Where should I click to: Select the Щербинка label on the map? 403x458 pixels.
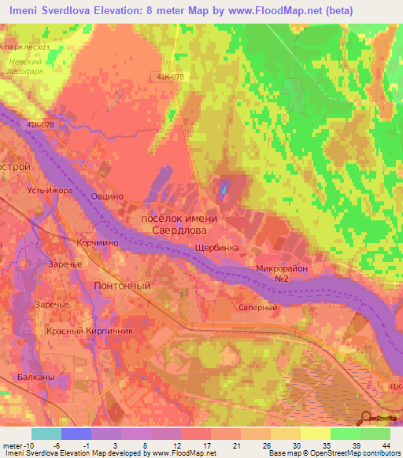216,246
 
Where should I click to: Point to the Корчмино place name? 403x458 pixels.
98,244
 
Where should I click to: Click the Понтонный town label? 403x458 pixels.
122,286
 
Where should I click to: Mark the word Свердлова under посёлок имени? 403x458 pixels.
179,231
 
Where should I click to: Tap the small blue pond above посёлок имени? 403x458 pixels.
223,188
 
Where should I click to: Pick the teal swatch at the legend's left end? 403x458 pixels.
46,434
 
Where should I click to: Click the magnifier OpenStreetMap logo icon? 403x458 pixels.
365,419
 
